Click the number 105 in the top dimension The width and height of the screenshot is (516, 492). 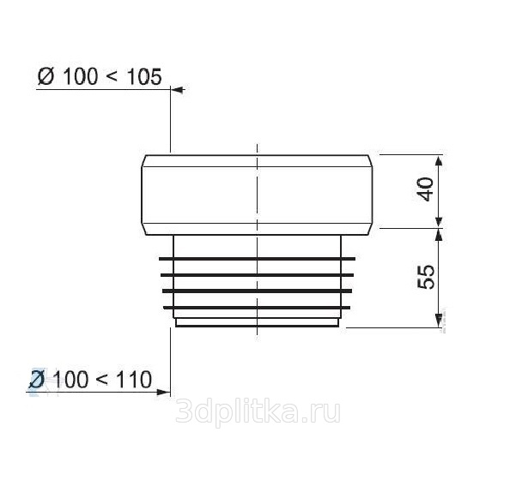144,77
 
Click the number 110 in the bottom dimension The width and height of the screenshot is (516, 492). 135,380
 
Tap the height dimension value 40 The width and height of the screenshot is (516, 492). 427,189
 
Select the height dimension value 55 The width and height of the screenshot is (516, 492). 426,277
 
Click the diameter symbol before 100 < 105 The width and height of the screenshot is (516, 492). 46,77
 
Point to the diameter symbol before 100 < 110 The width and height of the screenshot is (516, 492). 37,380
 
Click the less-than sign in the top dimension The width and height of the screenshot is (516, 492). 112,78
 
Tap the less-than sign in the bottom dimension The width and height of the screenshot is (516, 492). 102,381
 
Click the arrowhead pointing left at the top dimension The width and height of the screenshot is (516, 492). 178,89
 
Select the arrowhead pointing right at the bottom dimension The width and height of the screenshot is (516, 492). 163,393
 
